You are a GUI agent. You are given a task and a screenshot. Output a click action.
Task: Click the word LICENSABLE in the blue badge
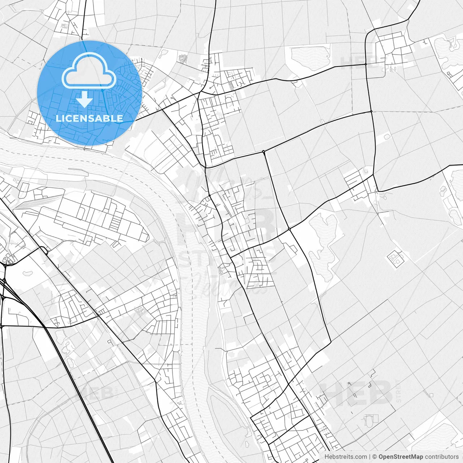point(89,118)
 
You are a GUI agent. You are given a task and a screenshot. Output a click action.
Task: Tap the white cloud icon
point(89,71)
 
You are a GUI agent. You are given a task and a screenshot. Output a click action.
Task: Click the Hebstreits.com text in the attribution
point(345,457)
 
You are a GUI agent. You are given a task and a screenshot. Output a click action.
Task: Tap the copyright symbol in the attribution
point(375,457)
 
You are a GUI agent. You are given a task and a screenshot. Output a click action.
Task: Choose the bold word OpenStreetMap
point(401,457)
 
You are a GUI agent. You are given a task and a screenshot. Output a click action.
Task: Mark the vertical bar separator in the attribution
point(370,457)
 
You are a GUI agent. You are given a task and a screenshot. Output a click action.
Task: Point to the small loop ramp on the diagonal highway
point(44,250)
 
